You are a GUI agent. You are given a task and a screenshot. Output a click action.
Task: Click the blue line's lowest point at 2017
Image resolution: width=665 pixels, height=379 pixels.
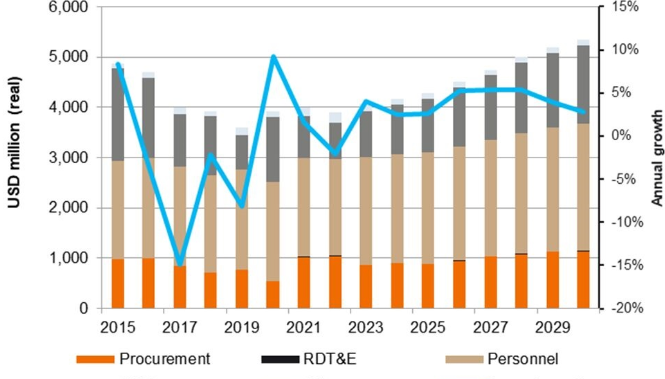[180, 264]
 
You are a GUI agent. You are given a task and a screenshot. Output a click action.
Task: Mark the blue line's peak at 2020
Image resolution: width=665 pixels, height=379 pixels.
[273, 56]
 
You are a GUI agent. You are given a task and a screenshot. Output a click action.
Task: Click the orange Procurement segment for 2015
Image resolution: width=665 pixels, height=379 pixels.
[118, 283]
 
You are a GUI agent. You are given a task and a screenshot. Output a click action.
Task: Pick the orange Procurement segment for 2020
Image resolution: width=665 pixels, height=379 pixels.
[273, 295]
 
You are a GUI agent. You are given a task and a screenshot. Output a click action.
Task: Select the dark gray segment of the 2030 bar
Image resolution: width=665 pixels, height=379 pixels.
[584, 85]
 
